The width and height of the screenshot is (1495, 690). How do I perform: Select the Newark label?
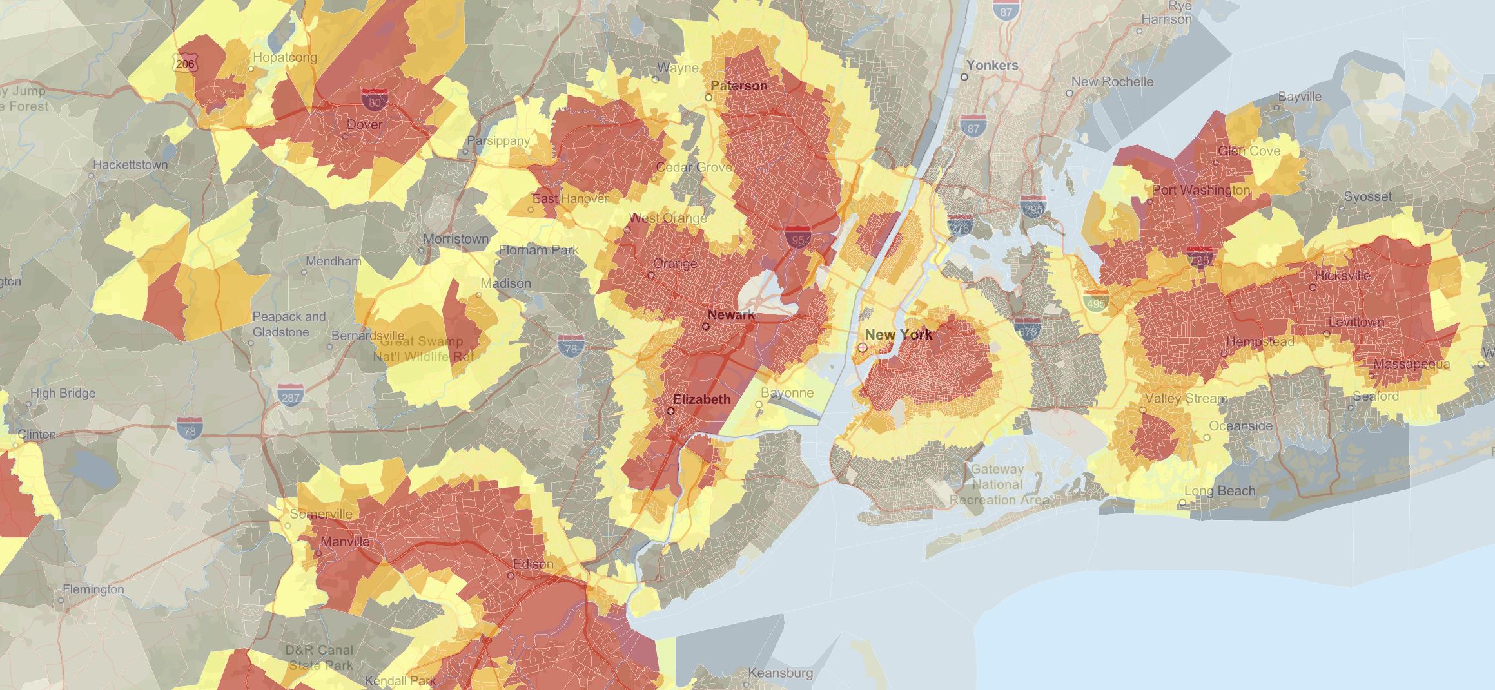(x=731, y=314)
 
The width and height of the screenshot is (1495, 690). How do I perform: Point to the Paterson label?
(x=739, y=86)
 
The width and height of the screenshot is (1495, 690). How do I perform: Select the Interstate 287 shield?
(x=290, y=396)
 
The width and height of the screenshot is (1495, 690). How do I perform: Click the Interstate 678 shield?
(x=1026, y=329)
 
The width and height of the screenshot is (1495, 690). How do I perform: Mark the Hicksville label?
(x=1343, y=275)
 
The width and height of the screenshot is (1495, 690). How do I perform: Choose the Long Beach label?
(x=1220, y=491)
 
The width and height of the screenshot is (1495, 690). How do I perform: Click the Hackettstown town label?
(x=130, y=165)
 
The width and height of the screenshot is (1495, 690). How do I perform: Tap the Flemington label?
(x=93, y=589)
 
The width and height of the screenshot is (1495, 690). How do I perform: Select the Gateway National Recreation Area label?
(x=997, y=484)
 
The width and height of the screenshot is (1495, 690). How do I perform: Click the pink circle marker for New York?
(x=863, y=347)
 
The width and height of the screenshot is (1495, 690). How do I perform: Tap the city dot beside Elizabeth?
(x=670, y=410)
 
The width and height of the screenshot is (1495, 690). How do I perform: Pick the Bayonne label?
(x=787, y=393)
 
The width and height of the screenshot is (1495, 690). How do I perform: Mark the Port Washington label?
(x=1201, y=190)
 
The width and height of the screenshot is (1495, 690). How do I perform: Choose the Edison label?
(x=533, y=564)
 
